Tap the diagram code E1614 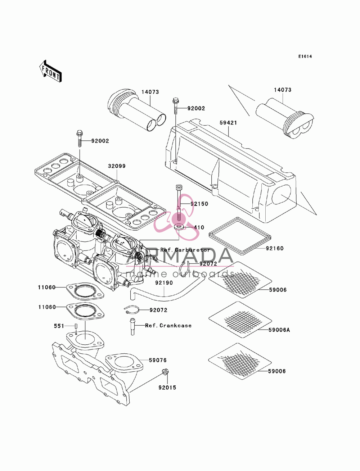coord(305,56)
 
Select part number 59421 coord(228,123)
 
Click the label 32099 coord(117,166)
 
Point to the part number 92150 coord(199,204)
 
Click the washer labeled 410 coord(179,226)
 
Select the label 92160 coord(275,248)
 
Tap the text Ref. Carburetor coord(185,250)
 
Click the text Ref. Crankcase coord(168,326)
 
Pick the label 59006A coord(279,330)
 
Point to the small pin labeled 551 coord(76,326)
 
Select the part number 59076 coord(158,360)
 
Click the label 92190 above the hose coord(164,283)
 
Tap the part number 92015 coord(167,388)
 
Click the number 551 coord(59,326)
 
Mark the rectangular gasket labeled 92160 coord(240,236)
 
